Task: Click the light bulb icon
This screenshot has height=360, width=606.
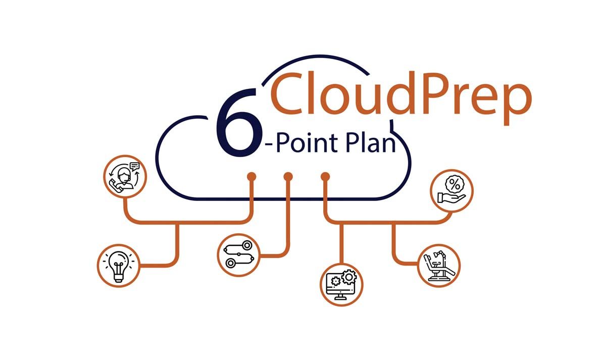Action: [x=118, y=266]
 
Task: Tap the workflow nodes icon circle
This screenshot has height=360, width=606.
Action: [x=239, y=254]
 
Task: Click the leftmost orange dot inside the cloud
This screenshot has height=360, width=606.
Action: [x=251, y=177]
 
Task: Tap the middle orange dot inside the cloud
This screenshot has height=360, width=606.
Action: [x=288, y=177]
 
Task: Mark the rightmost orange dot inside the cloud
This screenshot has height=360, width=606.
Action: [x=326, y=177]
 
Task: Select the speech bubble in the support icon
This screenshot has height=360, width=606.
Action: [x=134, y=166]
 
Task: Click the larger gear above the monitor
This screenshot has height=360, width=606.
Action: [x=349, y=276]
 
